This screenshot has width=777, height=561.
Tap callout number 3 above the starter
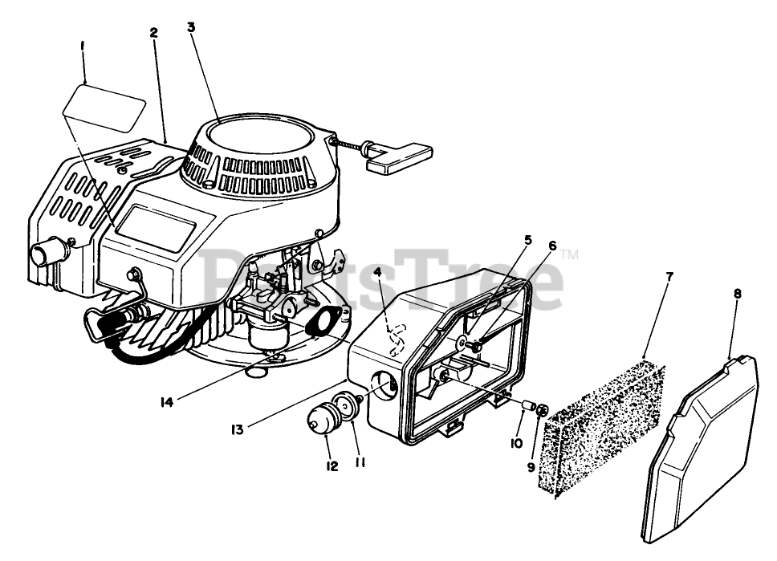click(190, 26)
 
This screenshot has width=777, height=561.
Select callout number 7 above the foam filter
click(669, 276)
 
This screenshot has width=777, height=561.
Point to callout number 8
click(737, 294)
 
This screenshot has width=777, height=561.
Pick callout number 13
click(237, 430)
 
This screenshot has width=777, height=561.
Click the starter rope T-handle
click(400, 155)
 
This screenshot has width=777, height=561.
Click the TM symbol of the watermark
click(569, 256)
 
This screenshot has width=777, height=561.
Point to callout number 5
click(528, 239)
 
